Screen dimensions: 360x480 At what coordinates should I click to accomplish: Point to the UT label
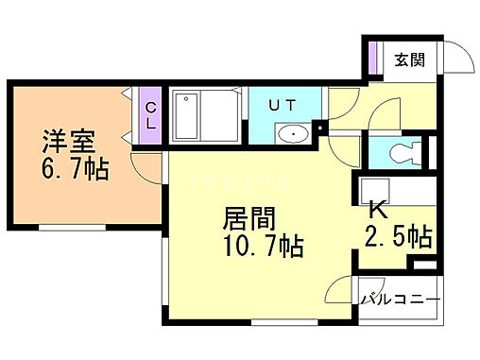tap(283, 106)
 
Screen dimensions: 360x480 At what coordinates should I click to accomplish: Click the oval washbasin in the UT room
tap(296, 134)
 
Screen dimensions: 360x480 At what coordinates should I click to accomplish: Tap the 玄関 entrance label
tap(409, 60)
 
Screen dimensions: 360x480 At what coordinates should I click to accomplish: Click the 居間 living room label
tap(248, 221)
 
